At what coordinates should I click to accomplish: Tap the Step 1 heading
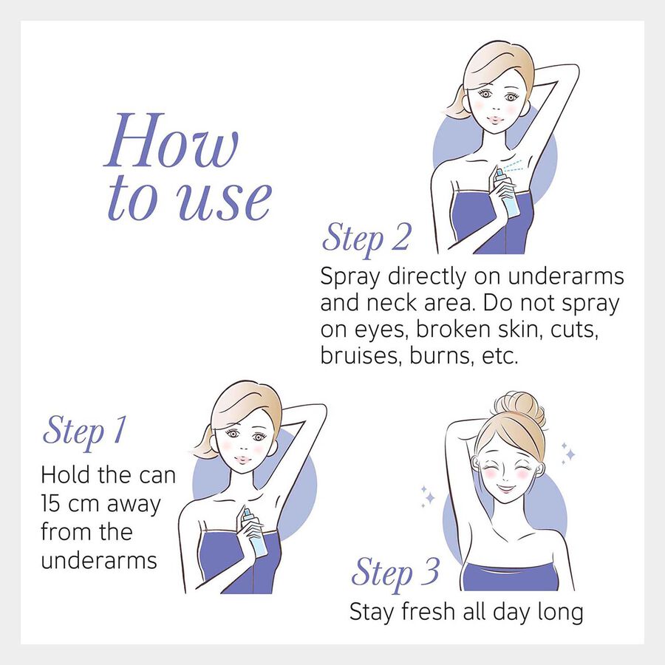85,431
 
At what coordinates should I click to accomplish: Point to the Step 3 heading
395,573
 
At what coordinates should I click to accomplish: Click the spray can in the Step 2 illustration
507,193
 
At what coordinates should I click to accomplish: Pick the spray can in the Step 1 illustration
253,531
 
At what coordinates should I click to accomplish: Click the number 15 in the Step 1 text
51,504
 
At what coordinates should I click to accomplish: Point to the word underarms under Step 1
99,561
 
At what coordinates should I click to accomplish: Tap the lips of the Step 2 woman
496,119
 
